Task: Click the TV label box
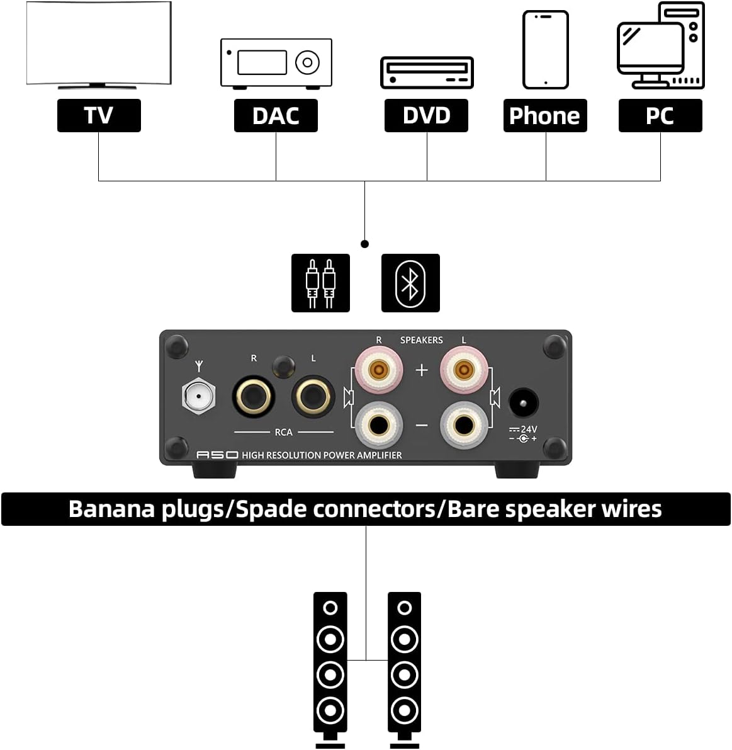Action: click(x=99, y=115)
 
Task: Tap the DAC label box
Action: click(x=276, y=115)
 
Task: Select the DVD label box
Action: click(x=427, y=115)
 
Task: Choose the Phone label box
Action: click(x=545, y=115)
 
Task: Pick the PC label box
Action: click(x=660, y=115)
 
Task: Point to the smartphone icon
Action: click(x=546, y=50)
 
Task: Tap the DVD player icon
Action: click(x=427, y=72)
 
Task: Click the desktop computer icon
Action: click(x=662, y=45)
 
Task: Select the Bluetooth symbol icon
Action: click(x=411, y=283)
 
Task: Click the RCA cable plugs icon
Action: click(x=321, y=283)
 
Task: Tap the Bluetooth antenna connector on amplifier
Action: click(x=198, y=396)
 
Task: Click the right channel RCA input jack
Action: click(x=254, y=397)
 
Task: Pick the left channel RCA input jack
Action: click(x=313, y=397)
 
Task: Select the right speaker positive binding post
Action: click(x=379, y=369)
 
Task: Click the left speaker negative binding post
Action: click(x=465, y=425)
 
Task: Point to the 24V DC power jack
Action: click(x=524, y=403)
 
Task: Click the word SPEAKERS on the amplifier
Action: click(x=422, y=340)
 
